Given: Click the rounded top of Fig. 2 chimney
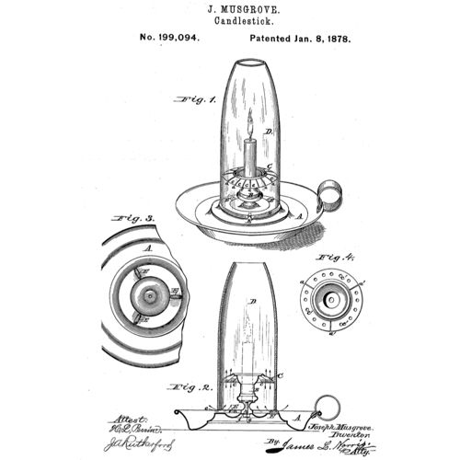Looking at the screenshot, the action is click(248, 269).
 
